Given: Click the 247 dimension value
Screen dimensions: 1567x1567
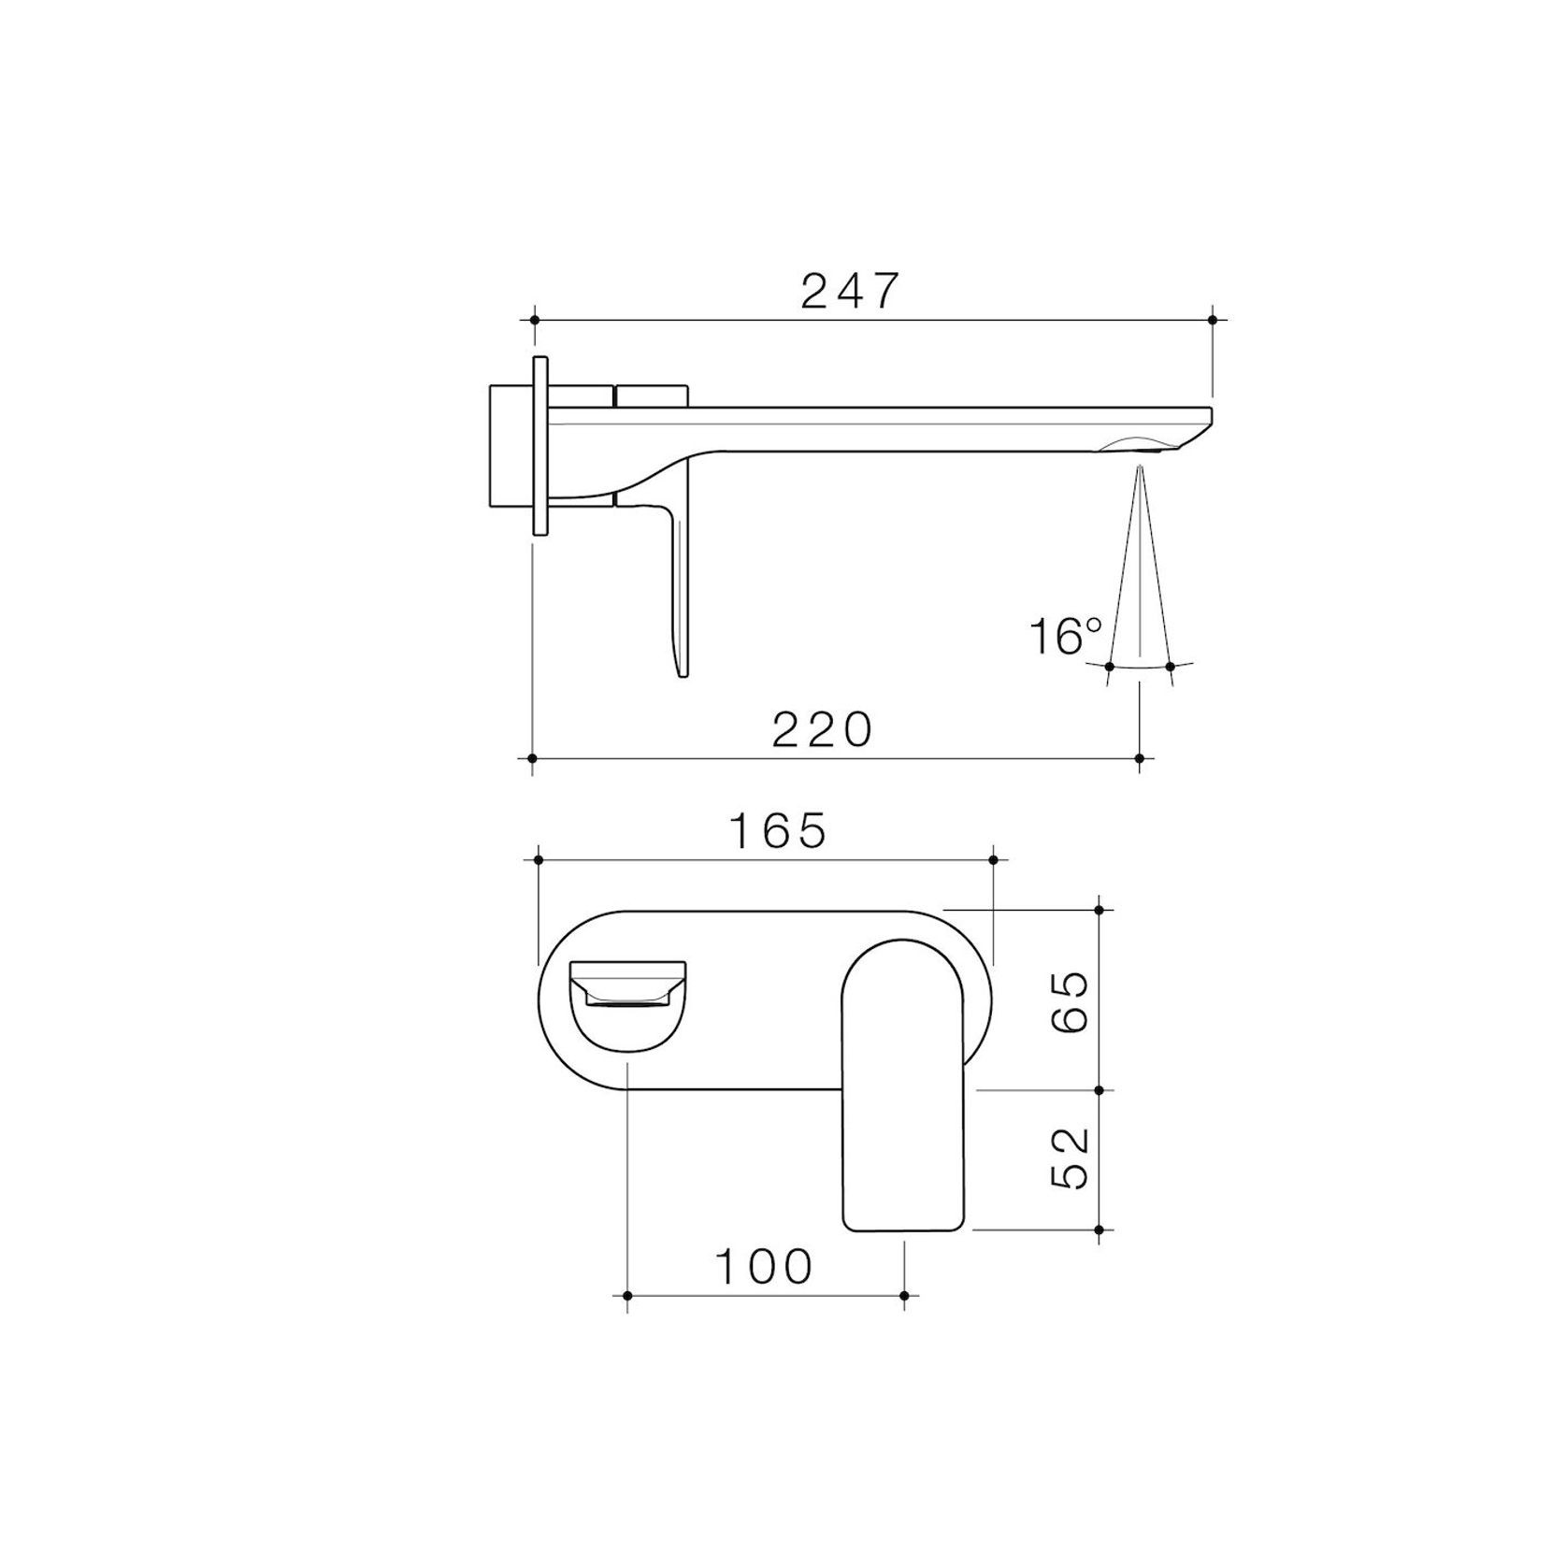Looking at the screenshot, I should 849,292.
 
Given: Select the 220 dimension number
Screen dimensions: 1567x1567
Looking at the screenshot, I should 822,730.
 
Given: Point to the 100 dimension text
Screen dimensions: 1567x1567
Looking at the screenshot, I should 764,1268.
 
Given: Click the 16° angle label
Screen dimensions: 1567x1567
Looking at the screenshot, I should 1065,637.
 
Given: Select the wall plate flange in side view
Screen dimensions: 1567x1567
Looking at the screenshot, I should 539,445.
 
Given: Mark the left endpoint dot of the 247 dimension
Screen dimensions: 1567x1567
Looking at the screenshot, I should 535,320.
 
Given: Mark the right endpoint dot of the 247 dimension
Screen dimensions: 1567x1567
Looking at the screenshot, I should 1212,320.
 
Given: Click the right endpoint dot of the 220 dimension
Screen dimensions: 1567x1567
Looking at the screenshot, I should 1139,757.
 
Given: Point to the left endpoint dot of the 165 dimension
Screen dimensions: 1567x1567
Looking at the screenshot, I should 539,858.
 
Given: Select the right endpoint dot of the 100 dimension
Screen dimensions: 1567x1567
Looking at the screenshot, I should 903,1295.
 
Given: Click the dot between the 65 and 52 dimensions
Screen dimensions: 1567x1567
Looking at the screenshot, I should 1100,1090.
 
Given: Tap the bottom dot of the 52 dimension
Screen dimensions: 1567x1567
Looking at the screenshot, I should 1100,1229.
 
